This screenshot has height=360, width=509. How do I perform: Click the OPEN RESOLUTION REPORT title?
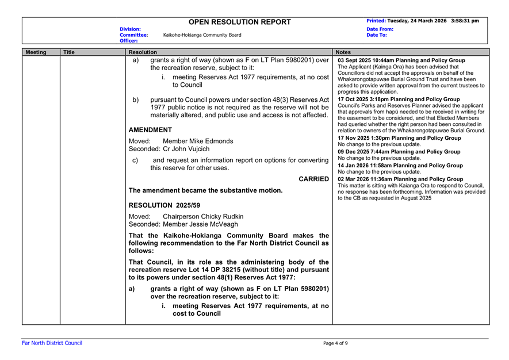(x=240, y=22)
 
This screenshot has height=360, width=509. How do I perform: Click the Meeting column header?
(x=36, y=52)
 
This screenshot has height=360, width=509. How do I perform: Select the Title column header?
(x=68, y=52)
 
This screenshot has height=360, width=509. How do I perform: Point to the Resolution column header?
(x=143, y=52)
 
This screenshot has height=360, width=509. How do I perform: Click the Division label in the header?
(x=130, y=29)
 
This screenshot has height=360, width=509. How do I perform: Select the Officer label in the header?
(x=129, y=41)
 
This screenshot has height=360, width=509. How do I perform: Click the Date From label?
(x=380, y=29)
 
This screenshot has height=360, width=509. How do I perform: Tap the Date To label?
(x=377, y=35)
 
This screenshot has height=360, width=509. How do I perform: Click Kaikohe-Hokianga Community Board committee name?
(x=202, y=35)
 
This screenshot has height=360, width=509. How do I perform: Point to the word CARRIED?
(x=314, y=179)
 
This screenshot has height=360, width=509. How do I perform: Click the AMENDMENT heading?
(x=150, y=130)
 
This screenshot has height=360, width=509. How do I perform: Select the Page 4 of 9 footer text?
(x=335, y=343)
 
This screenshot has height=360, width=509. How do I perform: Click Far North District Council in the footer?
(x=52, y=343)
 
